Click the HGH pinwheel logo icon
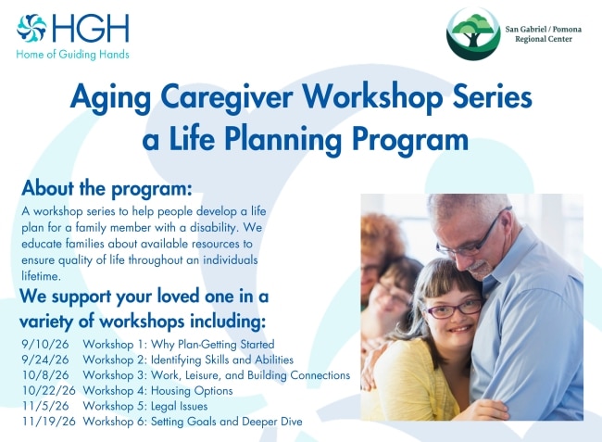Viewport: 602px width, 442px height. [31, 28]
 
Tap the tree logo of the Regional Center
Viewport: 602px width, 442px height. [473, 33]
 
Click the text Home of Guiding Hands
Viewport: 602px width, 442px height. [72, 55]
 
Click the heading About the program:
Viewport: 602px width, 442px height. [107, 188]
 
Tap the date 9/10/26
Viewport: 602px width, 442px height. [45, 344]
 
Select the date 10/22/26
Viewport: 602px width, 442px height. [49, 390]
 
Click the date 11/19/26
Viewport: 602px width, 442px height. [49, 422]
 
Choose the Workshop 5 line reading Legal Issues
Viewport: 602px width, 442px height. [145, 406]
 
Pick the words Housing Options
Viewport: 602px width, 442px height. [192, 391]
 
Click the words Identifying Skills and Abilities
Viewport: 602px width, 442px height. [222, 360]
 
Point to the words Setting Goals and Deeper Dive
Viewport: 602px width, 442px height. [227, 422]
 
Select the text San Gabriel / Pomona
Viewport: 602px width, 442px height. [544, 29]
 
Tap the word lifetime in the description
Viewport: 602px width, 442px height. [40, 276]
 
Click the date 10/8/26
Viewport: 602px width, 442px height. [45, 375]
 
